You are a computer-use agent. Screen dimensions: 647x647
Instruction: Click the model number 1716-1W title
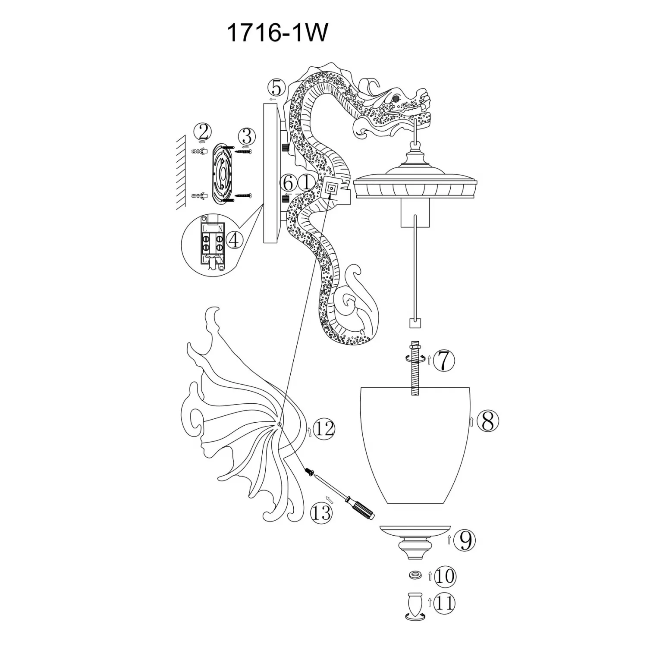276,33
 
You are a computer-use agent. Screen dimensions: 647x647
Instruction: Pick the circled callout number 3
247,136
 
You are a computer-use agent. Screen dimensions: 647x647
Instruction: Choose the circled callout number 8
488,421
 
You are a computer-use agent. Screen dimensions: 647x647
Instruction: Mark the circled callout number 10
445,576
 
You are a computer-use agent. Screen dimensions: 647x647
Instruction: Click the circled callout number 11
445,603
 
